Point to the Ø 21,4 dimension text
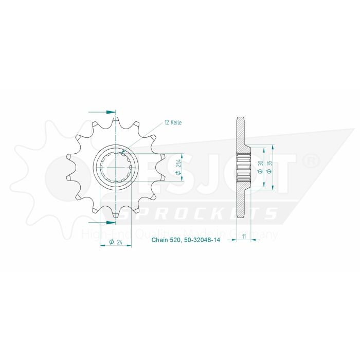(178, 168)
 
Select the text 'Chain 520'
(165, 241)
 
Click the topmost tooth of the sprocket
(116, 120)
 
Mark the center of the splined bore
(116, 168)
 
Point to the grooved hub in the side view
(242, 168)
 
